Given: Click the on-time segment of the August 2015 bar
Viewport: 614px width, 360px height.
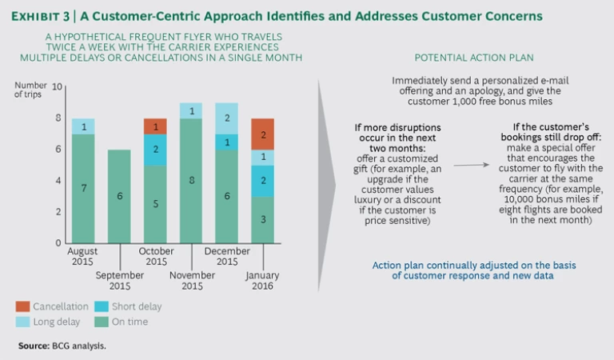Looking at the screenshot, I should (x=83, y=188).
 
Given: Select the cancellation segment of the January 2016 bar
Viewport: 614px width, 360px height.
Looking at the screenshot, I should (x=262, y=134).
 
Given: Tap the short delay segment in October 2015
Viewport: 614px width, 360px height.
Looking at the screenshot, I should (x=155, y=150).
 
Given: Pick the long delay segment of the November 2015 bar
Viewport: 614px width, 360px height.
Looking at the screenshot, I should (x=190, y=111).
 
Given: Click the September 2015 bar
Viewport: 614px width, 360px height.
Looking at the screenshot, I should (x=119, y=196).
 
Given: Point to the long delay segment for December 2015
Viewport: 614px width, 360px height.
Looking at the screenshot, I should (x=226, y=118).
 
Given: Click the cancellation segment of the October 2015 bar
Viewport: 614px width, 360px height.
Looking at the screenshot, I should (x=155, y=126).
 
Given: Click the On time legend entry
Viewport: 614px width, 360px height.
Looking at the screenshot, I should (x=124, y=322).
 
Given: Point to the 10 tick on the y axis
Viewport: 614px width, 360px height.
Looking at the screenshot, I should (x=56, y=86).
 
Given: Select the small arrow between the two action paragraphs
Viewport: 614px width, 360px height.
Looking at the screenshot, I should (x=477, y=164).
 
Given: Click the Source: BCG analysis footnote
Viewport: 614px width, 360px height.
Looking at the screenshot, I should (x=62, y=346).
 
